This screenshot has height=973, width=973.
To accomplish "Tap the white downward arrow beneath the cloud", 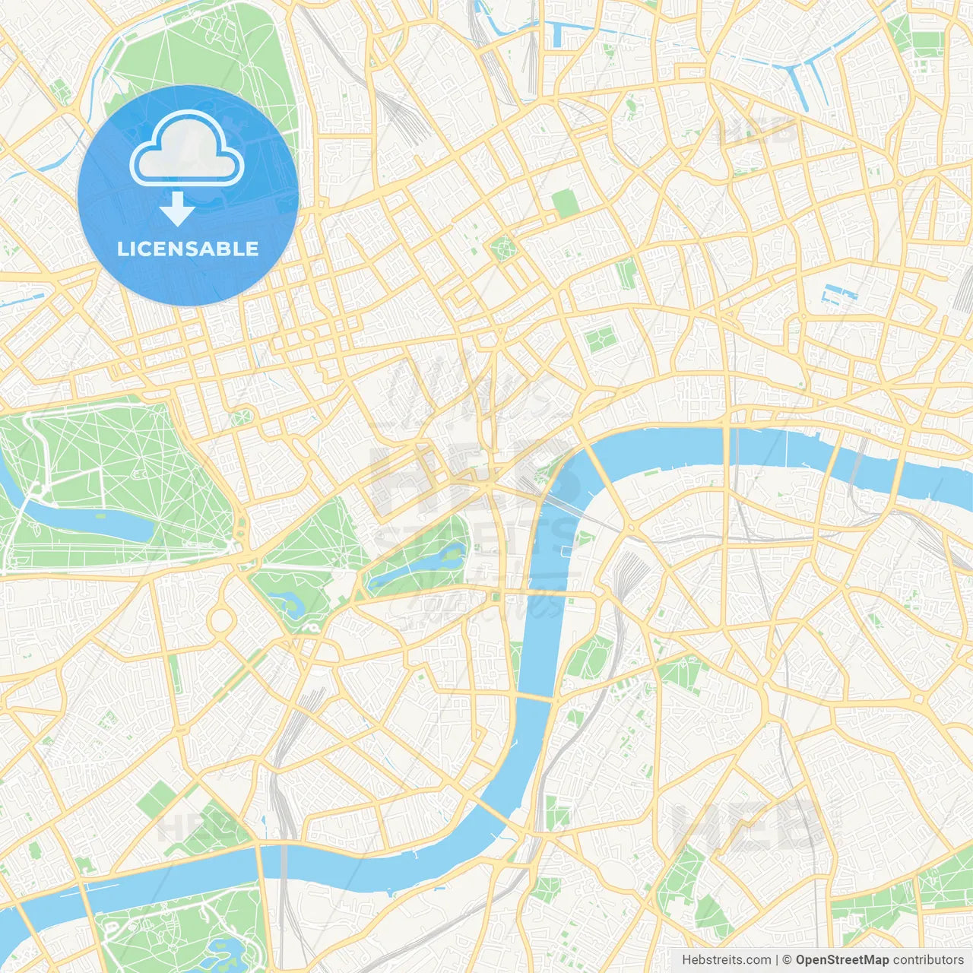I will (177, 208).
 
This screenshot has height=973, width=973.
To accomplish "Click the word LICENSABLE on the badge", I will (188, 249).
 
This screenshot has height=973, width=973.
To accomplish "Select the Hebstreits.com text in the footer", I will (726, 960).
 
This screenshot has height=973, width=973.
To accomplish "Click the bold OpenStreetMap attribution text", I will (842, 960).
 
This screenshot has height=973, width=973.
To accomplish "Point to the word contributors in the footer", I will (928, 960).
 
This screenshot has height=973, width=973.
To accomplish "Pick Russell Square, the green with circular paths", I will (502, 247).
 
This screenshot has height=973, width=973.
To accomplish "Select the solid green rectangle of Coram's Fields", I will (565, 203).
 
